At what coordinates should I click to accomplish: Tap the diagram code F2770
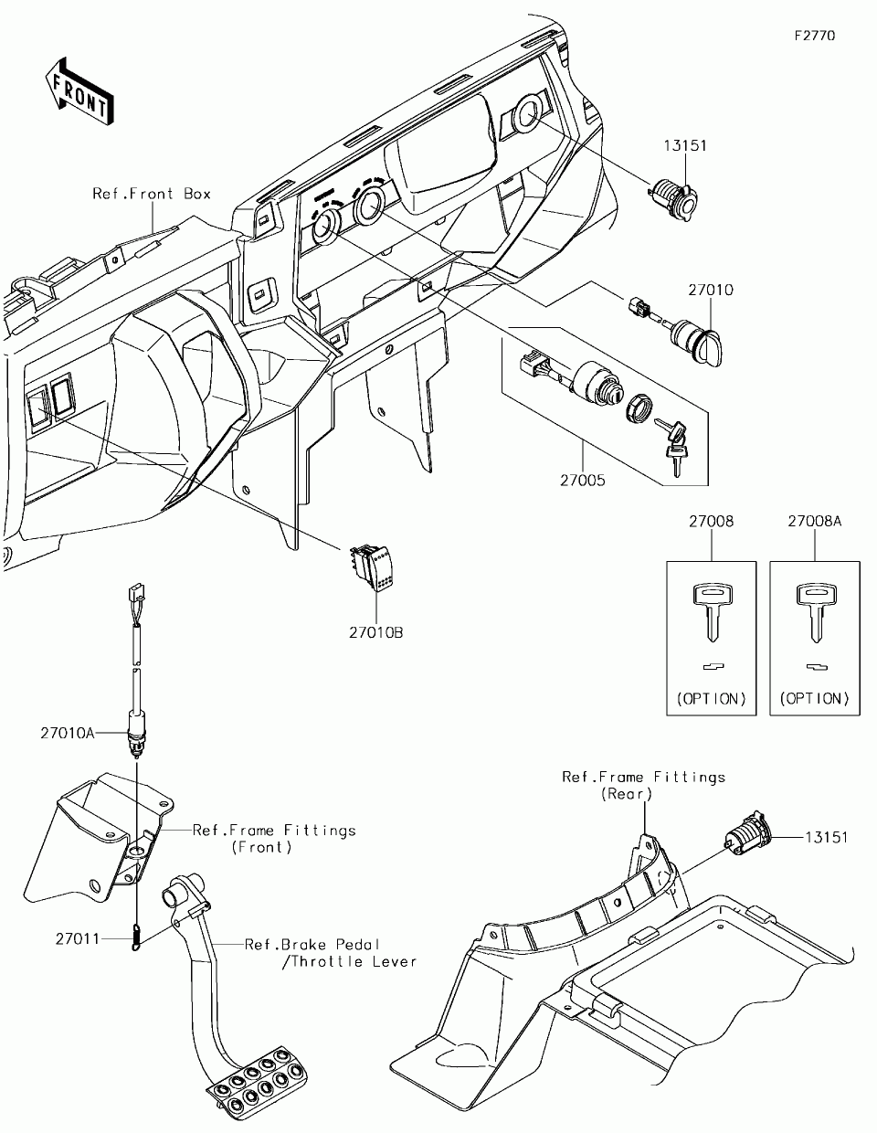[x=815, y=36]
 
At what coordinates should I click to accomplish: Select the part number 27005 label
[x=583, y=481]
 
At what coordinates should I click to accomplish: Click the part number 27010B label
[x=375, y=632]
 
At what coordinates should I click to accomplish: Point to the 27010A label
[x=68, y=733]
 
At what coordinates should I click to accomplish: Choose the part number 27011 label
[x=77, y=939]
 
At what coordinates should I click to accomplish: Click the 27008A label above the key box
[x=815, y=521]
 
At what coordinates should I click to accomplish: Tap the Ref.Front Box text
[x=152, y=194]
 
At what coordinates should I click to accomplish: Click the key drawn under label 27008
[x=713, y=613]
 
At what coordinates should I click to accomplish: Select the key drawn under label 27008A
[x=816, y=613]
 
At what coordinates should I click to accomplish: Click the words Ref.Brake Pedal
[x=312, y=945]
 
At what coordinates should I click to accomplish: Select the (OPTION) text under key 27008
[x=712, y=699]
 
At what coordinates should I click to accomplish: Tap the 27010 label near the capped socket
[x=711, y=290]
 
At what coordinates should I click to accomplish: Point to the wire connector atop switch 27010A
[x=136, y=592]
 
